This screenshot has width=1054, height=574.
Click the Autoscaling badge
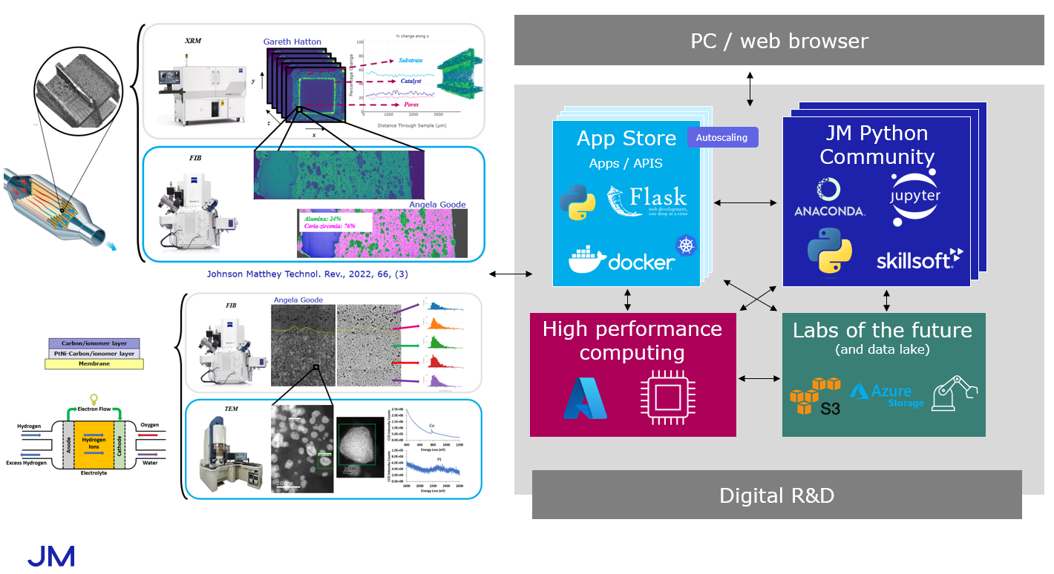pos(722,137)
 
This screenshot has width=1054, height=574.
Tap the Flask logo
pos(647,201)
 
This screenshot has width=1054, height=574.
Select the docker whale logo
pos(622,260)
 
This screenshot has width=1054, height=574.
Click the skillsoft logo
pos(919,259)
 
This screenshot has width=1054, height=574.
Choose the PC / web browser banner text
pos(779,41)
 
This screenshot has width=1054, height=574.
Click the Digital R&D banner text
pos(776,495)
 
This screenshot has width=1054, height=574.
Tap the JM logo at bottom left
pos(50,556)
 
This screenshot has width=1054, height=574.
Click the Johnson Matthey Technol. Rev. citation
pos(307,274)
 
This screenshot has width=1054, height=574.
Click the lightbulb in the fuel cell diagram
pos(94,399)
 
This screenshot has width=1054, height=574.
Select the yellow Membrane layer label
pos(94,363)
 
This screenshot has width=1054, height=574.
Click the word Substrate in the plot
pos(410,60)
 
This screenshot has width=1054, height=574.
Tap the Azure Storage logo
pos(887,395)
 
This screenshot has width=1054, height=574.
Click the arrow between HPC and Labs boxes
pos(759,379)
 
